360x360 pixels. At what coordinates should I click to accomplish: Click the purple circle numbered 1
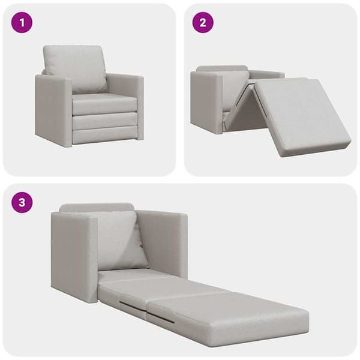(22, 23)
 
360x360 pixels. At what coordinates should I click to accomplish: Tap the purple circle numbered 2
(203, 23)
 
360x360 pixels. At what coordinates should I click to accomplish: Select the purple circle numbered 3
(22, 203)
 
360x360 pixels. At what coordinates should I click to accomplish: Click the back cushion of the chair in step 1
(74, 68)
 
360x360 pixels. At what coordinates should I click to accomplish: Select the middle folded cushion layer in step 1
(105, 119)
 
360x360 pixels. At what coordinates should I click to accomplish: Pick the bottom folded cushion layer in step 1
(105, 134)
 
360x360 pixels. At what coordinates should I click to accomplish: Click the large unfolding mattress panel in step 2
(303, 116)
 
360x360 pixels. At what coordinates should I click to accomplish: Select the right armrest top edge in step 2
(267, 74)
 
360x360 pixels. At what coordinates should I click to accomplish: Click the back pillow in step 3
(121, 241)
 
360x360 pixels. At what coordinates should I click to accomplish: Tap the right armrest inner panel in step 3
(163, 244)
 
